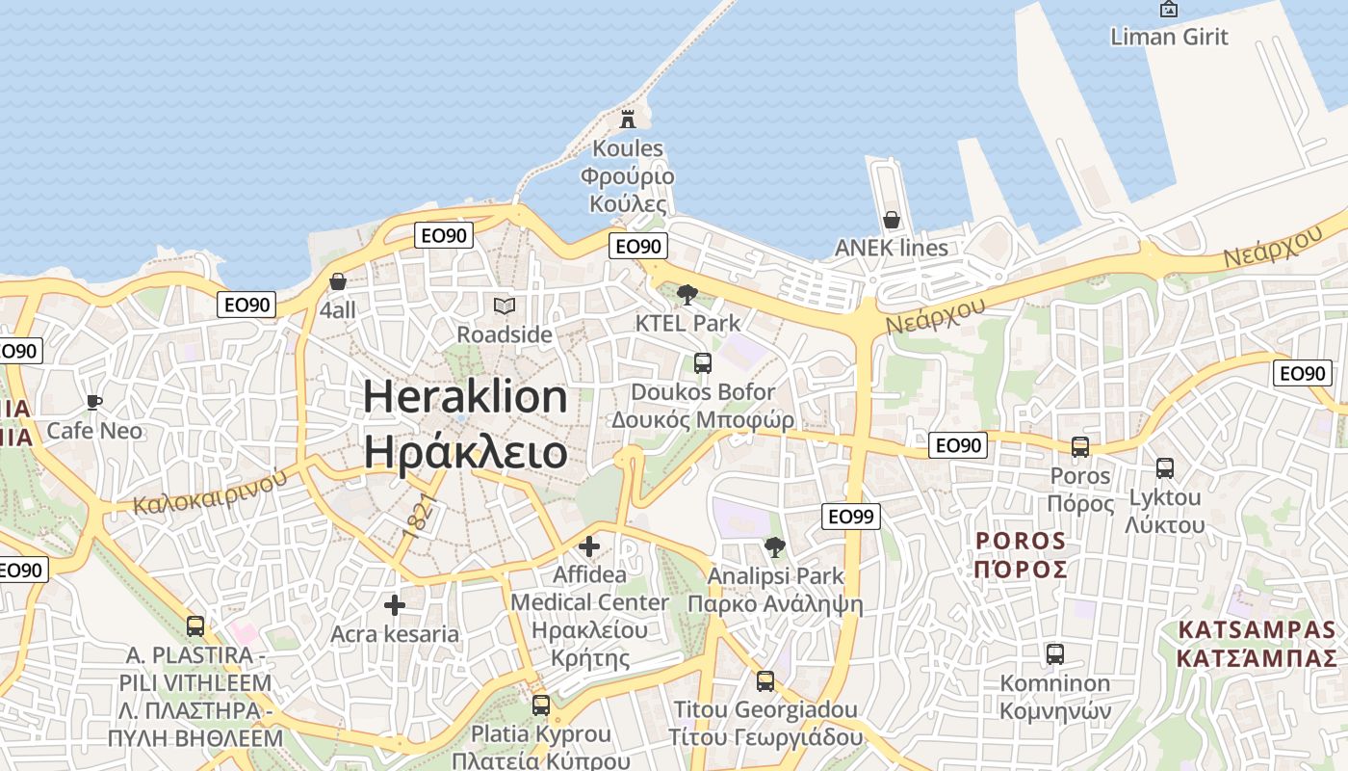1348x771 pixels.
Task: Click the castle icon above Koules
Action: pyautogui.click(x=628, y=120)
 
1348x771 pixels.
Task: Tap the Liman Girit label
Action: pyautogui.click(x=1169, y=37)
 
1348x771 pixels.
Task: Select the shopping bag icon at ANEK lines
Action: pyautogui.click(x=892, y=220)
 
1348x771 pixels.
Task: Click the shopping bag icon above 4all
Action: pyautogui.click(x=338, y=282)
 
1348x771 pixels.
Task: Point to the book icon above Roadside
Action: pyautogui.click(x=505, y=306)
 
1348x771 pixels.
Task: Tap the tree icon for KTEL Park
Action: pyautogui.click(x=687, y=295)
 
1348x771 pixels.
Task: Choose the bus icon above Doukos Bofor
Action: pyautogui.click(x=703, y=363)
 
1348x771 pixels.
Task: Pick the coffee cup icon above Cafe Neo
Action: pyautogui.click(x=94, y=402)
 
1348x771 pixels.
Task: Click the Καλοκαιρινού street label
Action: pyautogui.click(x=211, y=492)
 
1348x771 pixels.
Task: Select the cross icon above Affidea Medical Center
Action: pyautogui.click(x=589, y=547)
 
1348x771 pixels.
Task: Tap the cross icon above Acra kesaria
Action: pyautogui.click(x=395, y=605)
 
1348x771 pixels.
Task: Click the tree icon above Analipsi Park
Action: pyautogui.click(x=774, y=548)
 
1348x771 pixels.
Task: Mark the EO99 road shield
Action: pyautogui.click(x=852, y=517)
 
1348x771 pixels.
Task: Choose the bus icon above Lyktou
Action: pyautogui.click(x=1165, y=469)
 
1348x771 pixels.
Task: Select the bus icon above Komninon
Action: pyautogui.click(x=1055, y=654)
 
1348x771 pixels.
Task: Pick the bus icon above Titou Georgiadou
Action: pyautogui.click(x=765, y=681)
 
